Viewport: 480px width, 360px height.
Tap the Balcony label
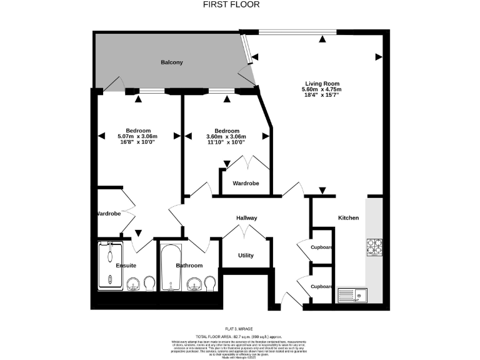172,62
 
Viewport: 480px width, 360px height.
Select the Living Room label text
322,84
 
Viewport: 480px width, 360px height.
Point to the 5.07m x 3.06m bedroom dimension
137,137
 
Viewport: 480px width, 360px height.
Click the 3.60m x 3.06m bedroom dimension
226,137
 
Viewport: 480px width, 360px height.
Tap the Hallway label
247,217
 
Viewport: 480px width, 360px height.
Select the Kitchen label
349,217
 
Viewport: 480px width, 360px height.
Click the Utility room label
246,256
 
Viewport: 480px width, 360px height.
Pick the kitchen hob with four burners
374,247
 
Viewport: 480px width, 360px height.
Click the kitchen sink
354,294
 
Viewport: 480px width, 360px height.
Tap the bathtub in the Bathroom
171,267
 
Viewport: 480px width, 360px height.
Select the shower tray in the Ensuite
111,266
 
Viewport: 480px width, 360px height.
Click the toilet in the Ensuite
149,285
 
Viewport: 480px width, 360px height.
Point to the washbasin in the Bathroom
196,286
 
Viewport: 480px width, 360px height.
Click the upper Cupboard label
322,247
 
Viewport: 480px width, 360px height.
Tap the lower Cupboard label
322,286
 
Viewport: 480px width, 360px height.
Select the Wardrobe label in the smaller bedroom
246,183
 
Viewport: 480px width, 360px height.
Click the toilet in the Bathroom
211,285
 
